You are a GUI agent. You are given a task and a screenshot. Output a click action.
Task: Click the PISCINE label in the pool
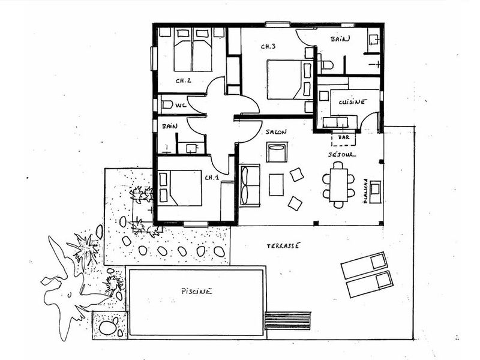(196, 291)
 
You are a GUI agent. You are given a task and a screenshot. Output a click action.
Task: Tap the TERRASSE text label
(283, 245)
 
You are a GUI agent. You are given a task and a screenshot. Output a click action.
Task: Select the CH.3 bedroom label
(268, 46)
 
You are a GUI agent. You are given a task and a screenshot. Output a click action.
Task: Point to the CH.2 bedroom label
(184, 81)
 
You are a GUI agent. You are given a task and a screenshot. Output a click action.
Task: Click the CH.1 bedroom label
(212, 177)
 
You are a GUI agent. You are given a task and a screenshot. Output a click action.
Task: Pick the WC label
(181, 106)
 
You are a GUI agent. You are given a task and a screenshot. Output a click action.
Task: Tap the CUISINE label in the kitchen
(352, 102)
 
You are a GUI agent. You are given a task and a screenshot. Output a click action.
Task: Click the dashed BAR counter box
(344, 139)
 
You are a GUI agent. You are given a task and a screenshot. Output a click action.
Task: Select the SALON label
(276, 131)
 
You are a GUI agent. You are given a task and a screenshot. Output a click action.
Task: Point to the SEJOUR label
(342, 154)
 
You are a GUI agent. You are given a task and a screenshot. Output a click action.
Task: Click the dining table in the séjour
(338, 185)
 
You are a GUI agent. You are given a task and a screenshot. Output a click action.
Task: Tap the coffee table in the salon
(276, 185)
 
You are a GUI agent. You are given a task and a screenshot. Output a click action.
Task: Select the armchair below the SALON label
(277, 152)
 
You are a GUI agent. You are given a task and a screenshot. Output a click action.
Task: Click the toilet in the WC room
(167, 105)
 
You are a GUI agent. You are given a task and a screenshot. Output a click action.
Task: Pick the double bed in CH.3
(290, 79)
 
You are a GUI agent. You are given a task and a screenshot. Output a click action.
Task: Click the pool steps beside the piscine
(287, 320)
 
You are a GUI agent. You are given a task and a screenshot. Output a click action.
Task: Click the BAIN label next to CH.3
(340, 39)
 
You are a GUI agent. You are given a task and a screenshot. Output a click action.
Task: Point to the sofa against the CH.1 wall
(250, 185)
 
